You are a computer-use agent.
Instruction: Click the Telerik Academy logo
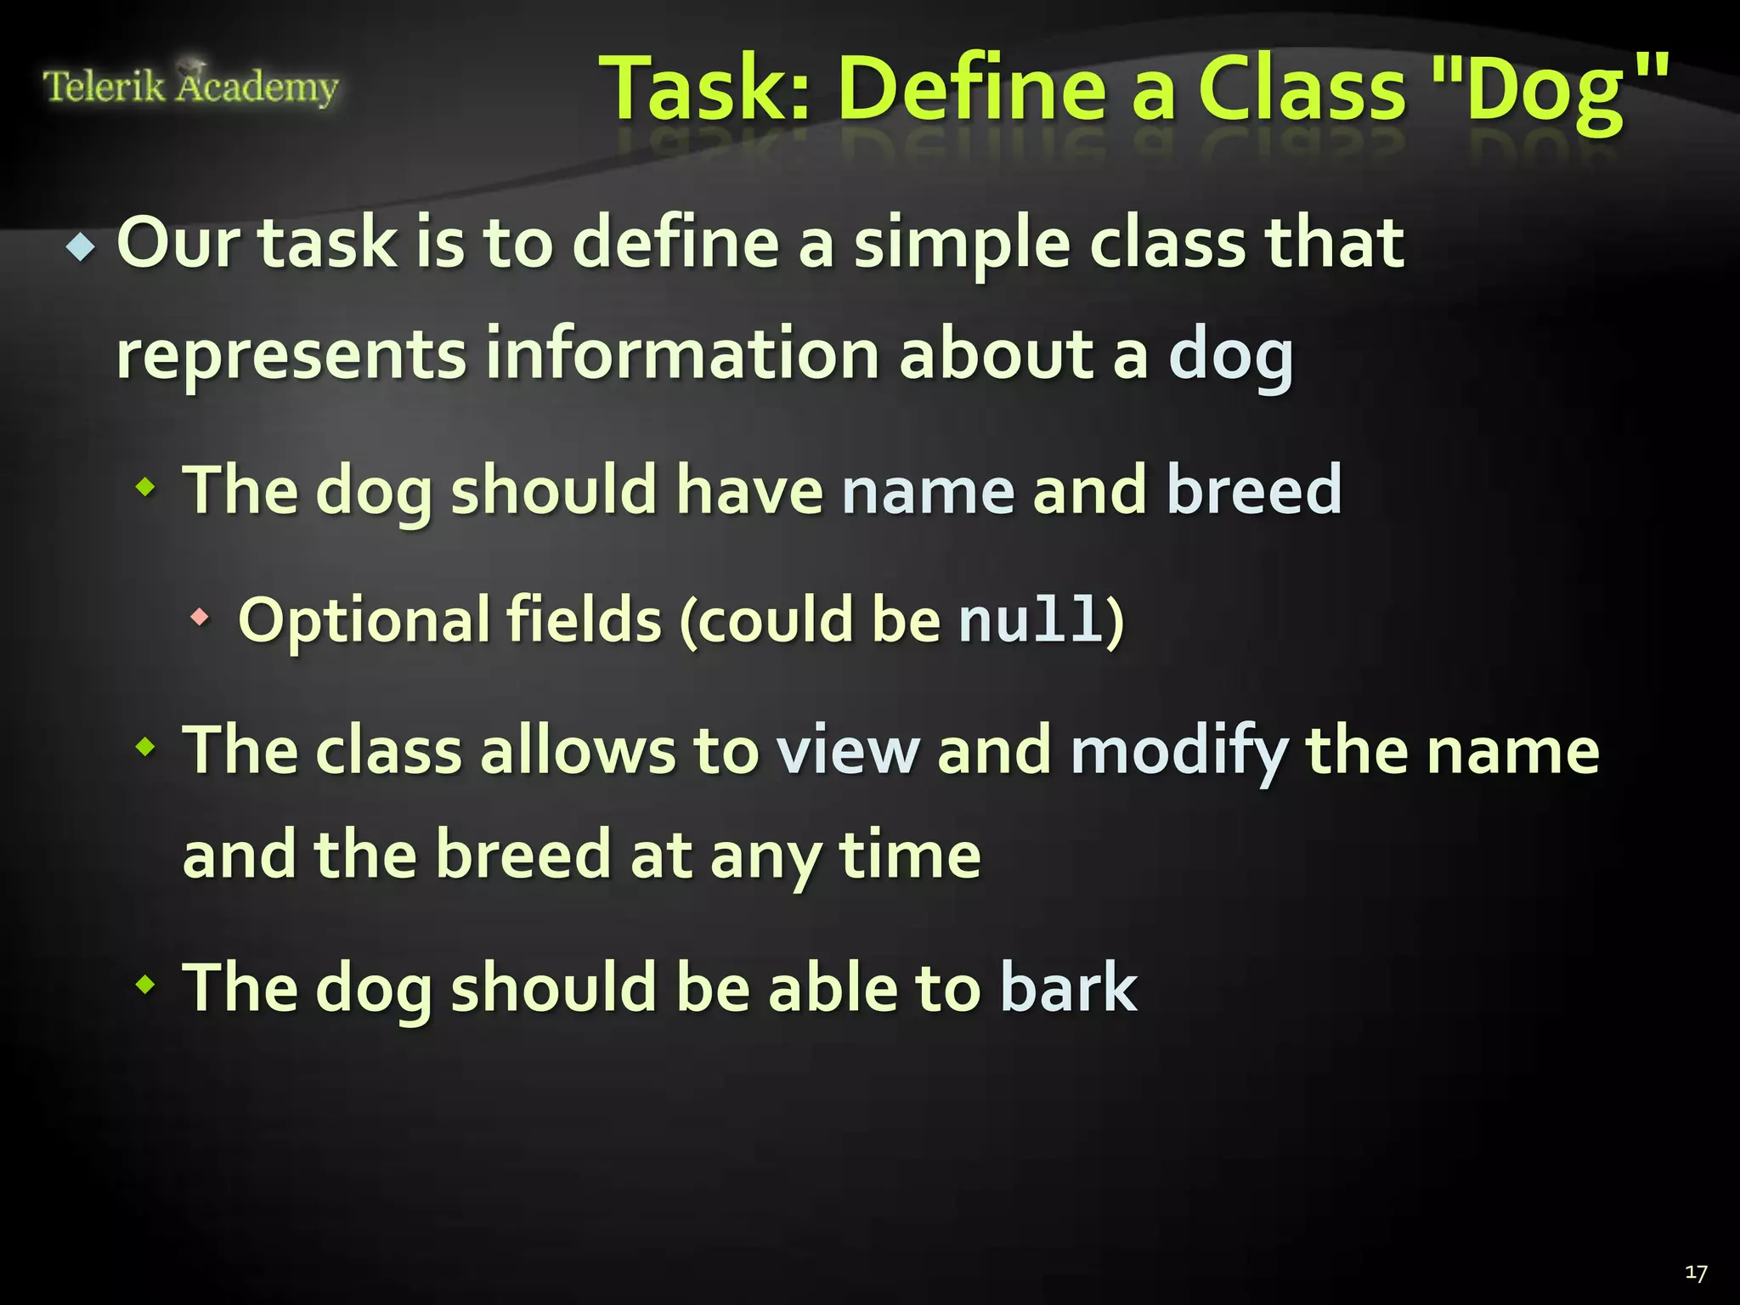[190, 86]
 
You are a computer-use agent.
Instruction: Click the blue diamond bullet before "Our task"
[82, 248]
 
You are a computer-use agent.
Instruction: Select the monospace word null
[1030, 619]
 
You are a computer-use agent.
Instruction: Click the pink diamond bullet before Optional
[200, 618]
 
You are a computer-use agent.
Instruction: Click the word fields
[584, 619]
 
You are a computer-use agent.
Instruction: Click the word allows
[577, 751]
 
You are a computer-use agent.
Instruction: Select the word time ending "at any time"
[910, 856]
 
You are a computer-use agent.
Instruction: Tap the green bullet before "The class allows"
[146, 748]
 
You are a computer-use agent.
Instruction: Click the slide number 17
[1696, 1273]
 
